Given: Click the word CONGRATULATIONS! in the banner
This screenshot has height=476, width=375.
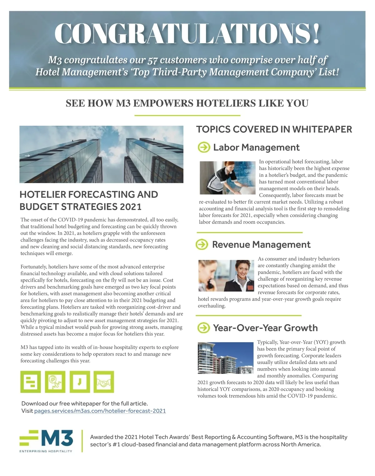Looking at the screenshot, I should [187, 33].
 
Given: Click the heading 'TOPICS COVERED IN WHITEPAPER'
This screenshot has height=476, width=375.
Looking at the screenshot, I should [274, 129].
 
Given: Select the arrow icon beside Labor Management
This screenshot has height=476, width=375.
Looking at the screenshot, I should [204, 147].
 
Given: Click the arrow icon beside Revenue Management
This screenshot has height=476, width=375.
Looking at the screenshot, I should [202, 244].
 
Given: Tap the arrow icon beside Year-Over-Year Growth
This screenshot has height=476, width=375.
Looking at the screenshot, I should [204, 328].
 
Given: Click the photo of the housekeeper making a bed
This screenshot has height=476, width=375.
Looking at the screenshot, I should [227, 178].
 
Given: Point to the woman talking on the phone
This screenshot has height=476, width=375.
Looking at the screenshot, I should [226, 276].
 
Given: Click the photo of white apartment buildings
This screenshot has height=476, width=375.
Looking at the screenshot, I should [225, 358].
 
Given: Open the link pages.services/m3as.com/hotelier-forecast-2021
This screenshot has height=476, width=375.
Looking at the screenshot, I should [100, 411].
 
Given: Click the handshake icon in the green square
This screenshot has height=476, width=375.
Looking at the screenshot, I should [104, 382].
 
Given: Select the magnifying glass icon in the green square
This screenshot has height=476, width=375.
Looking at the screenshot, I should [55, 382].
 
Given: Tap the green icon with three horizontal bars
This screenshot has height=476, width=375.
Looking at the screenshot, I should [31, 382].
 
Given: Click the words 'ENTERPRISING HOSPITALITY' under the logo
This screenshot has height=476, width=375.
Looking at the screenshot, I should [46, 451].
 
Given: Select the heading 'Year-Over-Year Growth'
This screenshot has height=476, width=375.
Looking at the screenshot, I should [265, 328].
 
